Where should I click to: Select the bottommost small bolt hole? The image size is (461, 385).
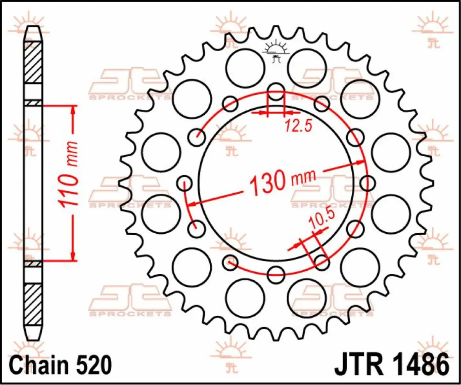(276, 273)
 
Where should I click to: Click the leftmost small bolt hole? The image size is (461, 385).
(184, 182)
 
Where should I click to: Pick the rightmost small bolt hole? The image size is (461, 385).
(367, 182)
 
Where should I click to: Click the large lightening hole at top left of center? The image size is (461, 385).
(245, 69)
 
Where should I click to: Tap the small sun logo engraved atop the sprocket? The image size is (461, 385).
(276, 51)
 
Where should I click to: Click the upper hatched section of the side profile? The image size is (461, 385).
(33, 62)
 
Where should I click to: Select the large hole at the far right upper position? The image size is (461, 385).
(391, 152)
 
